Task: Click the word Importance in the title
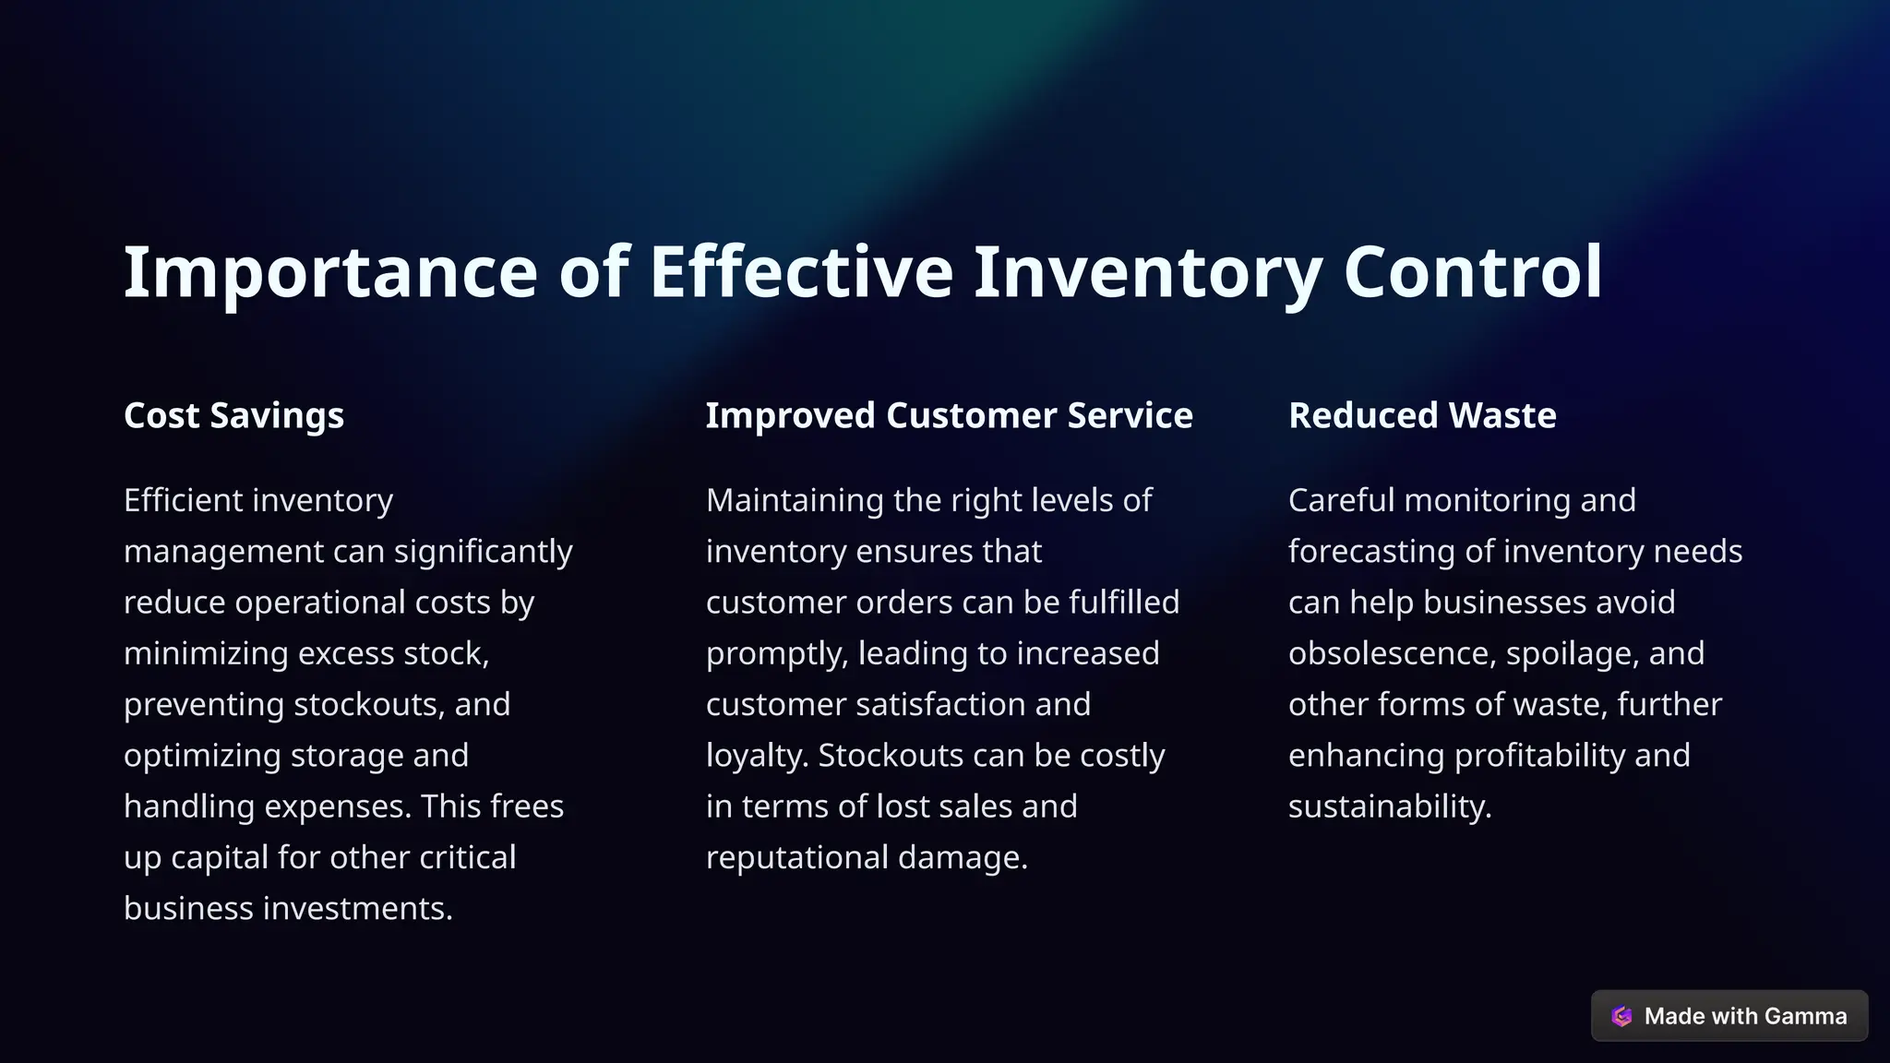point(329,272)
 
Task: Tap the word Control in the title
point(1473,272)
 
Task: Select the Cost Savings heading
point(233,415)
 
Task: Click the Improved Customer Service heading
point(949,415)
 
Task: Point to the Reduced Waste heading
point(1422,415)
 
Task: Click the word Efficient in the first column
point(183,500)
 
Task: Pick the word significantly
point(483,552)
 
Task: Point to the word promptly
point(776,653)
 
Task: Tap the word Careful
point(1342,500)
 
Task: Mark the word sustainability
point(1390,806)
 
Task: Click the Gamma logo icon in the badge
point(1621,1016)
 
